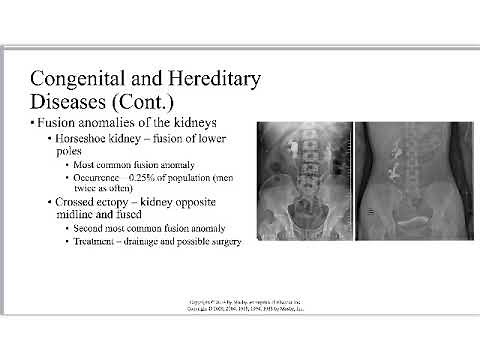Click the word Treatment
[95, 242]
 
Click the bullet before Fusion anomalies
[31, 123]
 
